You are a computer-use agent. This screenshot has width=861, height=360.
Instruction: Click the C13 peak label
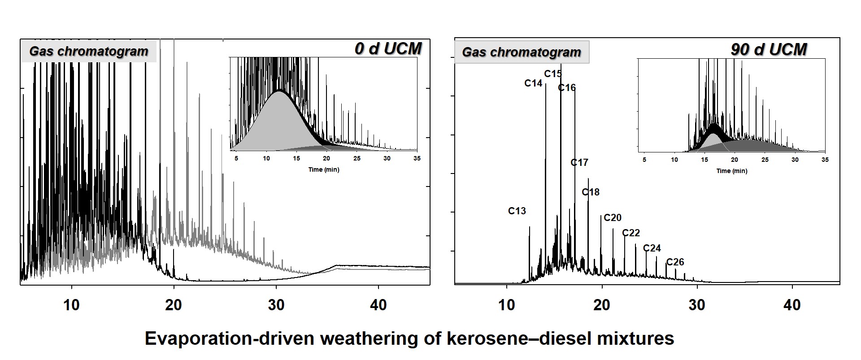[x=517, y=211]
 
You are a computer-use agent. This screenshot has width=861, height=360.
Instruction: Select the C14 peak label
[x=533, y=83]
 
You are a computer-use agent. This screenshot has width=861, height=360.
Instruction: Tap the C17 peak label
[x=579, y=163]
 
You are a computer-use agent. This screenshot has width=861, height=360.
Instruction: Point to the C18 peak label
[x=591, y=192]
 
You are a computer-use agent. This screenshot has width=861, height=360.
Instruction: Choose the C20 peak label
[x=613, y=218]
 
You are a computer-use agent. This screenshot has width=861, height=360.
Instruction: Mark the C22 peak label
[x=631, y=233]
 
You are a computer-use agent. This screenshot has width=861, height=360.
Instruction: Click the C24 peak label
[x=652, y=248]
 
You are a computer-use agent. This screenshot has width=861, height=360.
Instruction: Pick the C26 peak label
[x=675, y=262]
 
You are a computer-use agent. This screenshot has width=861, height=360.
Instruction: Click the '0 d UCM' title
[x=388, y=49]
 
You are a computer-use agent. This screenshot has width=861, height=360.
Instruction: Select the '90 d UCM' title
[x=769, y=49]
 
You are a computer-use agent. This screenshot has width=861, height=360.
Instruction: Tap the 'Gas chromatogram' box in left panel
[x=89, y=51]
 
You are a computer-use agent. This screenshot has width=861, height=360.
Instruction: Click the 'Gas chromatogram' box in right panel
[x=522, y=52]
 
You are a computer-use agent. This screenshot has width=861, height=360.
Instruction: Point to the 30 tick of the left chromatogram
[x=276, y=305]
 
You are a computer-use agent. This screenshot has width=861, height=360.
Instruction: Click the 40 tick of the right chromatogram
[x=792, y=305]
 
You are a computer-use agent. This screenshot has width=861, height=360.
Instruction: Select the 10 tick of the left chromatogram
[x=71, y=305]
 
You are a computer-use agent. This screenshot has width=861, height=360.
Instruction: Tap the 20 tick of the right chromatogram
[x=601, y=305]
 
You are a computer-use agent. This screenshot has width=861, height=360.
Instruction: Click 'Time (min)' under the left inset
[x=324, y=169]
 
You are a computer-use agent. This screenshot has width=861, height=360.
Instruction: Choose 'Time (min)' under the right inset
[x=732, y=171]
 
